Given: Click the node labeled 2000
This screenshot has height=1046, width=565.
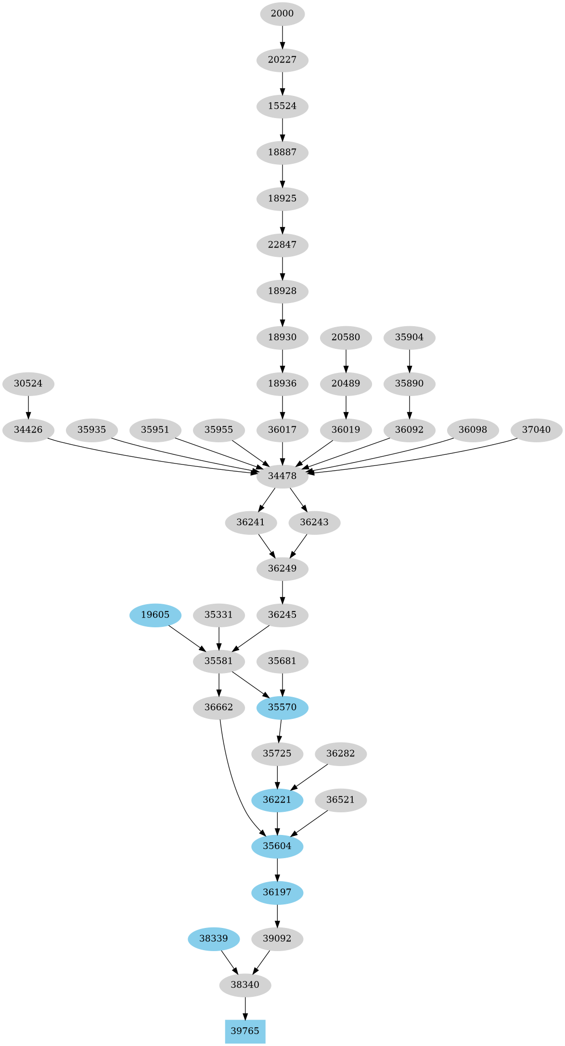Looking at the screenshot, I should pos(282,13).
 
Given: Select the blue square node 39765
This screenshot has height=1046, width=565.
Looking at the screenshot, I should pos(245,1031).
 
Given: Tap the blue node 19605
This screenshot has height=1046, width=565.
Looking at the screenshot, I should pos(155,615).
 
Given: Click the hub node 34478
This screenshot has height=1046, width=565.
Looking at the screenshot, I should pos(282,476).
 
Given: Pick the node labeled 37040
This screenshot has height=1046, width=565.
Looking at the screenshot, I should pos(536,430).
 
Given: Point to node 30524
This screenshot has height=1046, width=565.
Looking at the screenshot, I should pos(28,384).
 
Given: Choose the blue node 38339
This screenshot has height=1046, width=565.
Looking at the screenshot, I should pos(213,939).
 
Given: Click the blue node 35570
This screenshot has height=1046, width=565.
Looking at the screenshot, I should pos(282,707).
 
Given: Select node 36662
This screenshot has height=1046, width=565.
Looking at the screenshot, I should pos(218,707).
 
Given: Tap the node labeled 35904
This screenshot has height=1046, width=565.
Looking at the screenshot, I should pos(409,337).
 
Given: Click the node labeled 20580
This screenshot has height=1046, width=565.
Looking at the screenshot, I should pos(346,337).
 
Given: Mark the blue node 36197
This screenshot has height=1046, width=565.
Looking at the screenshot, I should pos(277,892).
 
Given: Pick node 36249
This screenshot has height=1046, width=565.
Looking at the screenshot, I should pos(282,569).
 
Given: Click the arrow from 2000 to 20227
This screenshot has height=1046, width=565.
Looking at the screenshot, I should pos(282,37).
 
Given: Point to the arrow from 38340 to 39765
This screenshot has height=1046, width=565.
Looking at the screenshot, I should pos(245,1008).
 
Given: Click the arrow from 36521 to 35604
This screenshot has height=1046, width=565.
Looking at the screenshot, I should pos(310,823).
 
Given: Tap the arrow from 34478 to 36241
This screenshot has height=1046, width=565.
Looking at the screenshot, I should pos(267,499).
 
